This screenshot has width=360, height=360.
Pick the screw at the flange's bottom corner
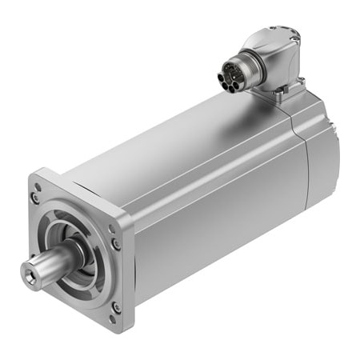[x=116, y=306]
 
